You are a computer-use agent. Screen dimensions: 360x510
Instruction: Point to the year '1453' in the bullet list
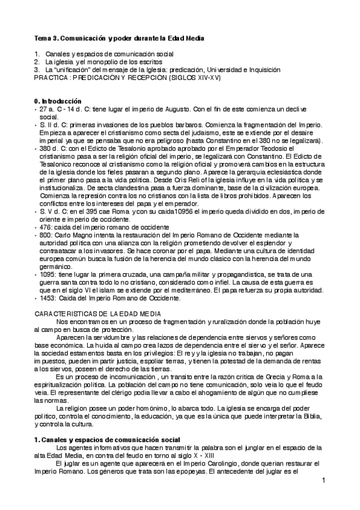point(49,297)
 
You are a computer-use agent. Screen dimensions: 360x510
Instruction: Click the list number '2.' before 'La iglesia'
point(37,62)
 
